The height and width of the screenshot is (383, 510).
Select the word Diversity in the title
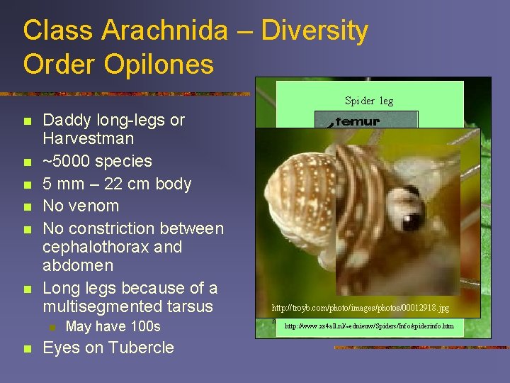314,31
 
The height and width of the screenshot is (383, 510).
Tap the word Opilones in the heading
159,64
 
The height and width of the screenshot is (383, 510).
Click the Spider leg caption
368,101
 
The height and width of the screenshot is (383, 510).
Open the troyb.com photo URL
360,309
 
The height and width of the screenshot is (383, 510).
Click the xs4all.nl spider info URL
370,327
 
